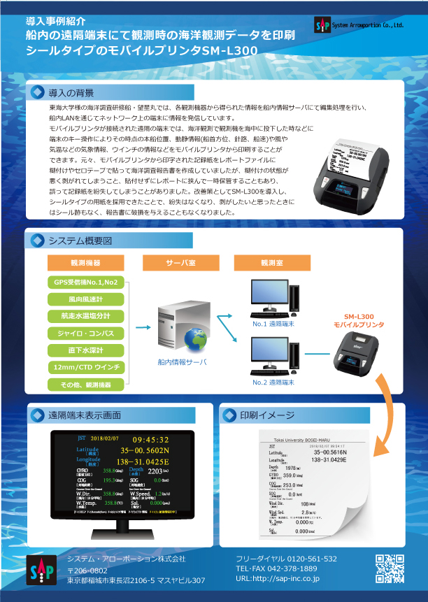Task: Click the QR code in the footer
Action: click(x=390, y=568)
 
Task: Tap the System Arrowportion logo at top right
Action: click(x=359, y=24)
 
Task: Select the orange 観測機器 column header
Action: click(x=85, y=263)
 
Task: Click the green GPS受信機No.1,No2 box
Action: click(x=85, y=282)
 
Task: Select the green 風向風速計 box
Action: click(x=85, y=299)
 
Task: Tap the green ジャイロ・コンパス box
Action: click(x=85, y=333)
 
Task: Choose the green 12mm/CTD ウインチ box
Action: click(x=85, y=367)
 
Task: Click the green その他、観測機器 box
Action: click(x=85, y=384)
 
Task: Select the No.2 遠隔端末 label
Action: click(x=273, y=382)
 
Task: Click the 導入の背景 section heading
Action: click(x=71, y=92)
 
